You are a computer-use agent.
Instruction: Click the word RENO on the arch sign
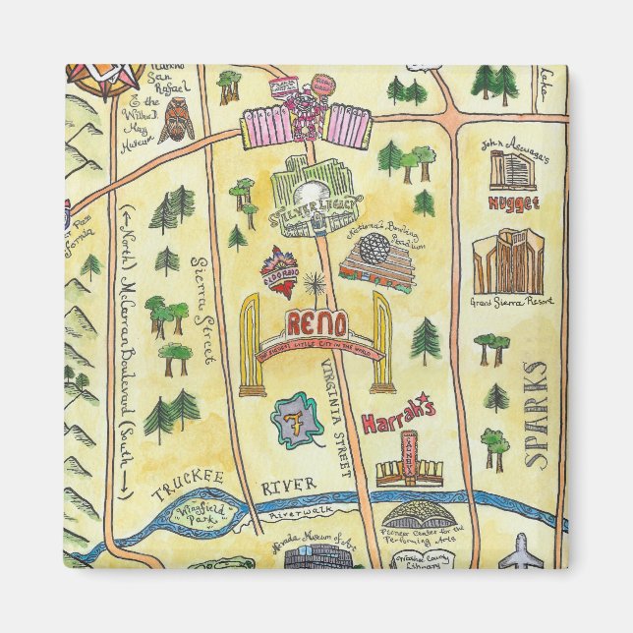[x=315, y=323]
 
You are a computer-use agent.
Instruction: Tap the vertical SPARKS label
[x=536, y=413]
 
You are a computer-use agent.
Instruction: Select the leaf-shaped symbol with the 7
[x=298, y=420]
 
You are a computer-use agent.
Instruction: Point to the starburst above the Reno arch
[x=315, y=286]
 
